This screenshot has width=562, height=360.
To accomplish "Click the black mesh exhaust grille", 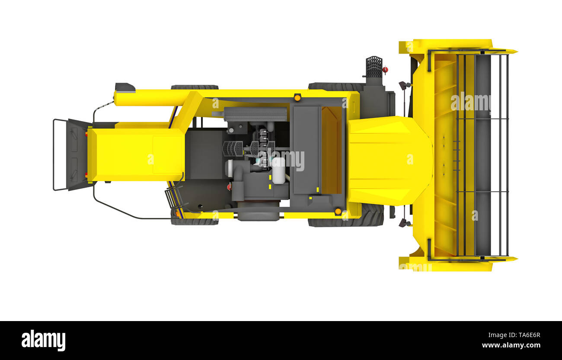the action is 374,67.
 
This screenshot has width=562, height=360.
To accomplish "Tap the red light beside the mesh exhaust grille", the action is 385,70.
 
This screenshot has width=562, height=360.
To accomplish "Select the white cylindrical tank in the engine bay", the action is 278,170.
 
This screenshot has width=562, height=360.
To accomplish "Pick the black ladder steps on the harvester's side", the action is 171,198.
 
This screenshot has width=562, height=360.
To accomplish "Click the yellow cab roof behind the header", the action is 390,161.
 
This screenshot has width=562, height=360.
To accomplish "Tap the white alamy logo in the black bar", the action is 43,340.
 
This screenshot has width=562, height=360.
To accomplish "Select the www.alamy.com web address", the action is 511,345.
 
